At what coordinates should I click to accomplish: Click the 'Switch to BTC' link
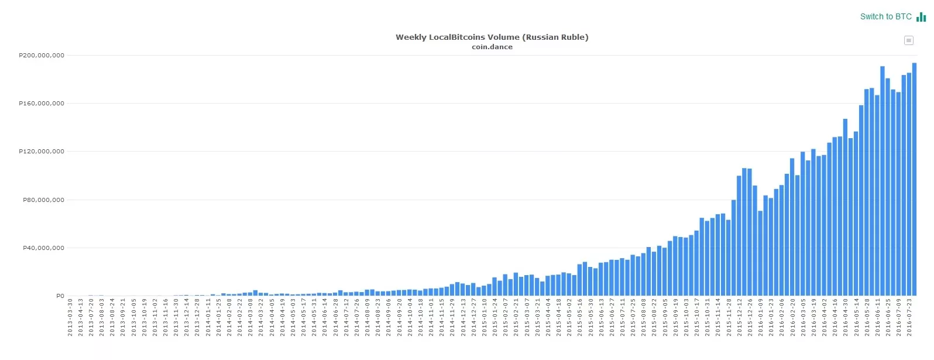pos(885,16)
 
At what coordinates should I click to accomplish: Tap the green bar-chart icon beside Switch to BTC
pos(921,17)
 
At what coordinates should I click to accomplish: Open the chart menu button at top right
pos(908,40)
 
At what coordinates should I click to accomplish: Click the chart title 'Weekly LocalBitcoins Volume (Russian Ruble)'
pos(492,37)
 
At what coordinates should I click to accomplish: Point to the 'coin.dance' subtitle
pos(492,47)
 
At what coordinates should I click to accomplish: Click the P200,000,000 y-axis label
pos(42,56)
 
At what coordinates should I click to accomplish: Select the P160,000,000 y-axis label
pos(42,104)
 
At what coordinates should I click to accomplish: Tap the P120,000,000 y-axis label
pos(42,152)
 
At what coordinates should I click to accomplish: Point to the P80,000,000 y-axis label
pos(43,200)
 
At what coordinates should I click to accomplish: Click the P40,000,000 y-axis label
pos(43,248)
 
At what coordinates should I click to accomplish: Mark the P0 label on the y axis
pos(60,296)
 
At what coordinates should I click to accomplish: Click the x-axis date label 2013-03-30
pos(70,317)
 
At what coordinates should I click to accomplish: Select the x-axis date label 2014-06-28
pos(336,317)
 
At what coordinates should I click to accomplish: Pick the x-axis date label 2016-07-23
pos(909,317)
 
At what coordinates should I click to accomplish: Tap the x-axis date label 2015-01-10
pos(485,317)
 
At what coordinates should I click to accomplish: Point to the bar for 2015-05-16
pos(579,280)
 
